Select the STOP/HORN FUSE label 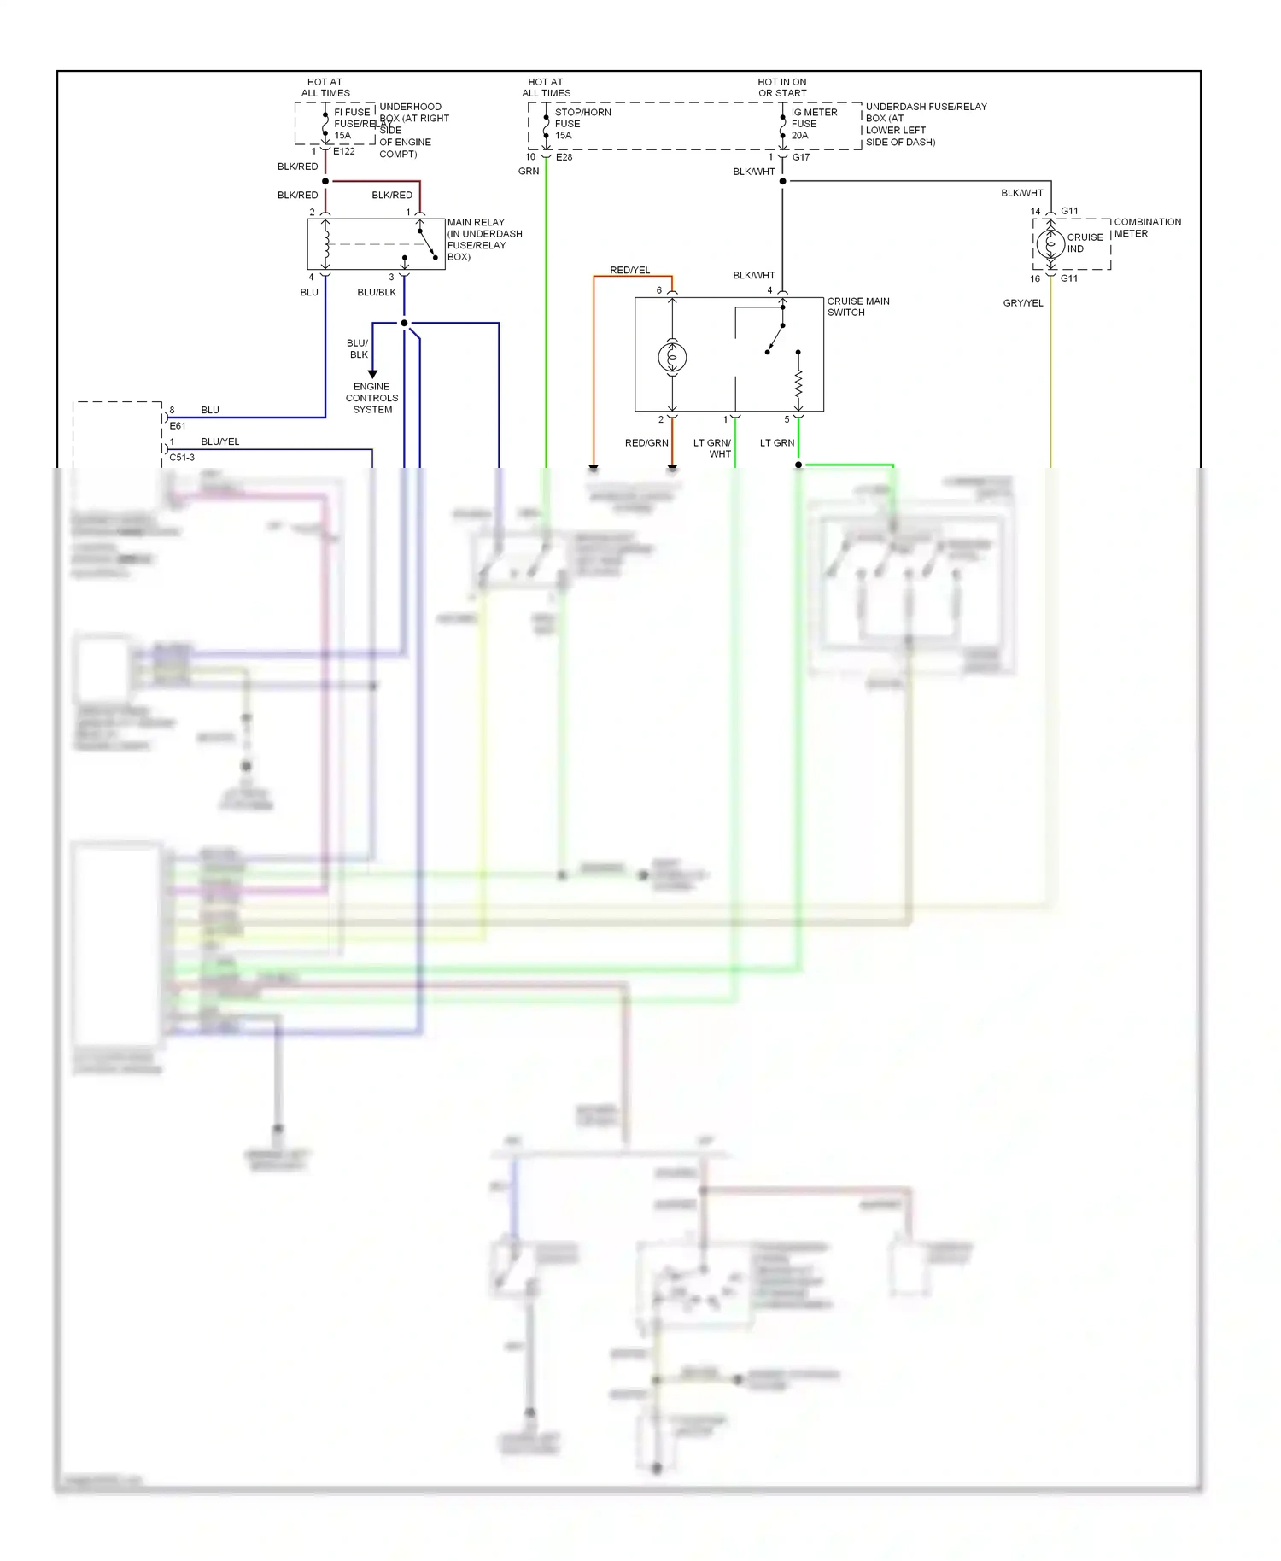click(582, 123)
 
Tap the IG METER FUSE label click(814, 123)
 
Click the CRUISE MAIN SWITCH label click(857, 307)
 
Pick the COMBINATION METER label click(1147, 227)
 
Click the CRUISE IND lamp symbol click(1050, 244)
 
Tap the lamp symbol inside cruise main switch click(672, 357)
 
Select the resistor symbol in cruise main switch click(798, 383)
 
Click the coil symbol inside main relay click(325, 244)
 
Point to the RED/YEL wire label click(629, 270)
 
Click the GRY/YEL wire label click(1022, 302)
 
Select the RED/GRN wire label click(646, 442)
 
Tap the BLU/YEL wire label click(219, 441)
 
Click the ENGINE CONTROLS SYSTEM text click(371, 398)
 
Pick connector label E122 click(343, 151)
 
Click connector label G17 click(800, 157)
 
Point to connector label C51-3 click(181, 458)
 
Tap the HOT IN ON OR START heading click(781, 88)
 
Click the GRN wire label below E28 click(528, 171)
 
